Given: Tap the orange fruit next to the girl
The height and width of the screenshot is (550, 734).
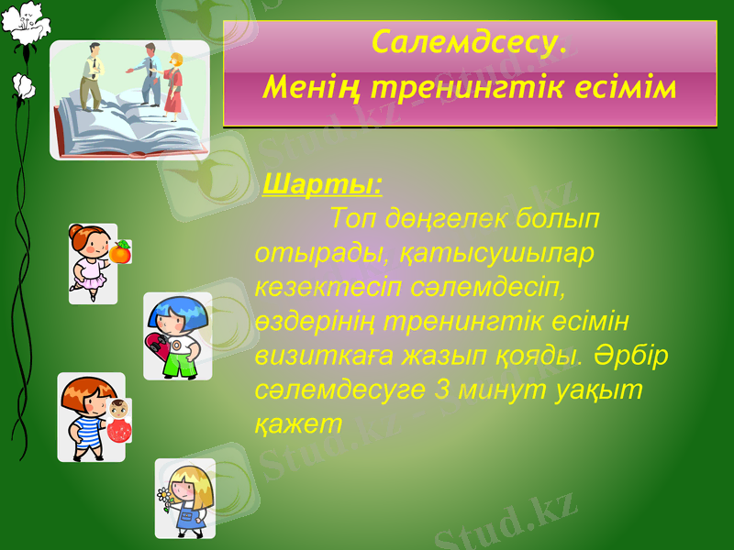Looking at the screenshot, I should click(120, 251).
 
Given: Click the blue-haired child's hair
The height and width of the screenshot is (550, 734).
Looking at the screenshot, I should click(179, 311).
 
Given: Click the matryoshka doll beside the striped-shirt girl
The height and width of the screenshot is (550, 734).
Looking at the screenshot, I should click(117, 421).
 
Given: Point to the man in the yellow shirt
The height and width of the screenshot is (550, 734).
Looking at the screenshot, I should click(91, 73).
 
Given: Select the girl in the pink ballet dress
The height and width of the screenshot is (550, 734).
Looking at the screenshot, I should click(92, 261).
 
